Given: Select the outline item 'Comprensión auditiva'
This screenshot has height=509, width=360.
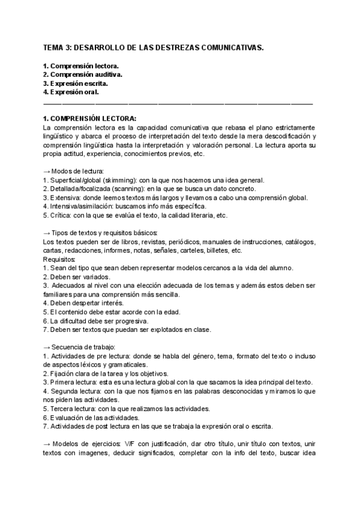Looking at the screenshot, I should [x=86, y=74].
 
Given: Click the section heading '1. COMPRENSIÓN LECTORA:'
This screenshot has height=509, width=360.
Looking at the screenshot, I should [x=90, y=118].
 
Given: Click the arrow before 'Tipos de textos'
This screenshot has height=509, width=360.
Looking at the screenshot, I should [x=47, y=233].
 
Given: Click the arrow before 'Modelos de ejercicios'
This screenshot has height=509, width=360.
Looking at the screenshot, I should [x=47, y=444].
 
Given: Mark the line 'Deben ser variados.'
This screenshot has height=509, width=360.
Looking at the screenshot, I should [x=76, y=277].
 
